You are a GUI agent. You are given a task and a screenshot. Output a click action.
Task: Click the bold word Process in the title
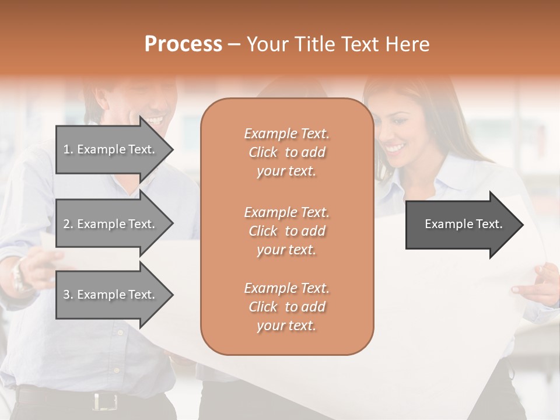183,44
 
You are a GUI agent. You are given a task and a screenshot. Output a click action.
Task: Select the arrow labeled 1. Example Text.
111,149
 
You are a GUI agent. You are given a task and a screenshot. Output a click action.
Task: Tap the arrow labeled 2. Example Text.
111,224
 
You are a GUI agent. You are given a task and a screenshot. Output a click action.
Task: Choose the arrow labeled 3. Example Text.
111,295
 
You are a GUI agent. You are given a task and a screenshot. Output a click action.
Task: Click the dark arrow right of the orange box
461,225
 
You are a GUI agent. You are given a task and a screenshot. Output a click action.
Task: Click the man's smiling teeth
154,120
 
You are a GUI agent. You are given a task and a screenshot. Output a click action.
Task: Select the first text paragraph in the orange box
286,152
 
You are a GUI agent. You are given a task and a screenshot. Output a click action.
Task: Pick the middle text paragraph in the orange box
286,231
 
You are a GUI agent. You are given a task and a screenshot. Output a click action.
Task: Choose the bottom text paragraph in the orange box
286,307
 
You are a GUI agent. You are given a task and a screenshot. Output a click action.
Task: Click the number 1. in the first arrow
68,149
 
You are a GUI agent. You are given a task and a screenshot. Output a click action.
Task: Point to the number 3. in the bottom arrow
68,295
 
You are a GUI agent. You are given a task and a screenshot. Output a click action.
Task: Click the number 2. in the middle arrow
68,224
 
